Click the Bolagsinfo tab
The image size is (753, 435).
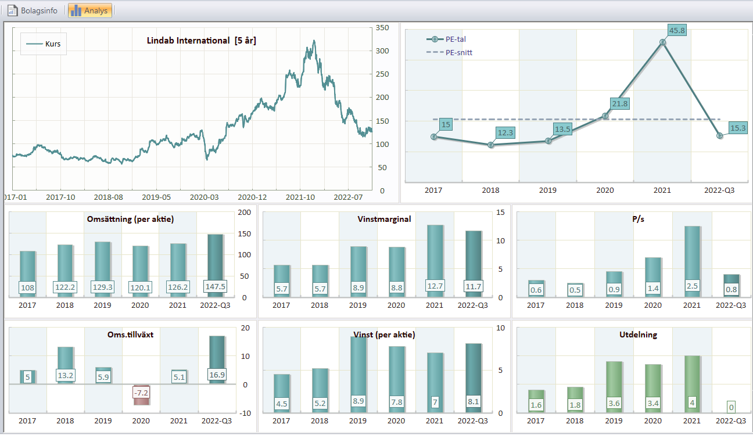33,10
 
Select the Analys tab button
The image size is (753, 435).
89,10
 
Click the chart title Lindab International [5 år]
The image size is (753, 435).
202,41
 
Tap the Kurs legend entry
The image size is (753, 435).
44,44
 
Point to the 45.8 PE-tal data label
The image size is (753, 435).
677,30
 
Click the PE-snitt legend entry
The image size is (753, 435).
449,52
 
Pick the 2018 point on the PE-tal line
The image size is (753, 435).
491,145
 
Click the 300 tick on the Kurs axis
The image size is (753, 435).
382,51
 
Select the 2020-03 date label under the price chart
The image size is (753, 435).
204,197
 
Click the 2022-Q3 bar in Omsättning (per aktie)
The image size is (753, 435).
215,265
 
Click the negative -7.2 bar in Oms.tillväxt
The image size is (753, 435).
141,394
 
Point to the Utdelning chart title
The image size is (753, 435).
638,335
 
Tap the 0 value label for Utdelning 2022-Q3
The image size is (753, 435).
731,407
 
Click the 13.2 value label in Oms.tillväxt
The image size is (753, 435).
66,375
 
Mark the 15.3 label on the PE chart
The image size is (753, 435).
738,128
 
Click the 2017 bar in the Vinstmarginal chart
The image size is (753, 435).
282,281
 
